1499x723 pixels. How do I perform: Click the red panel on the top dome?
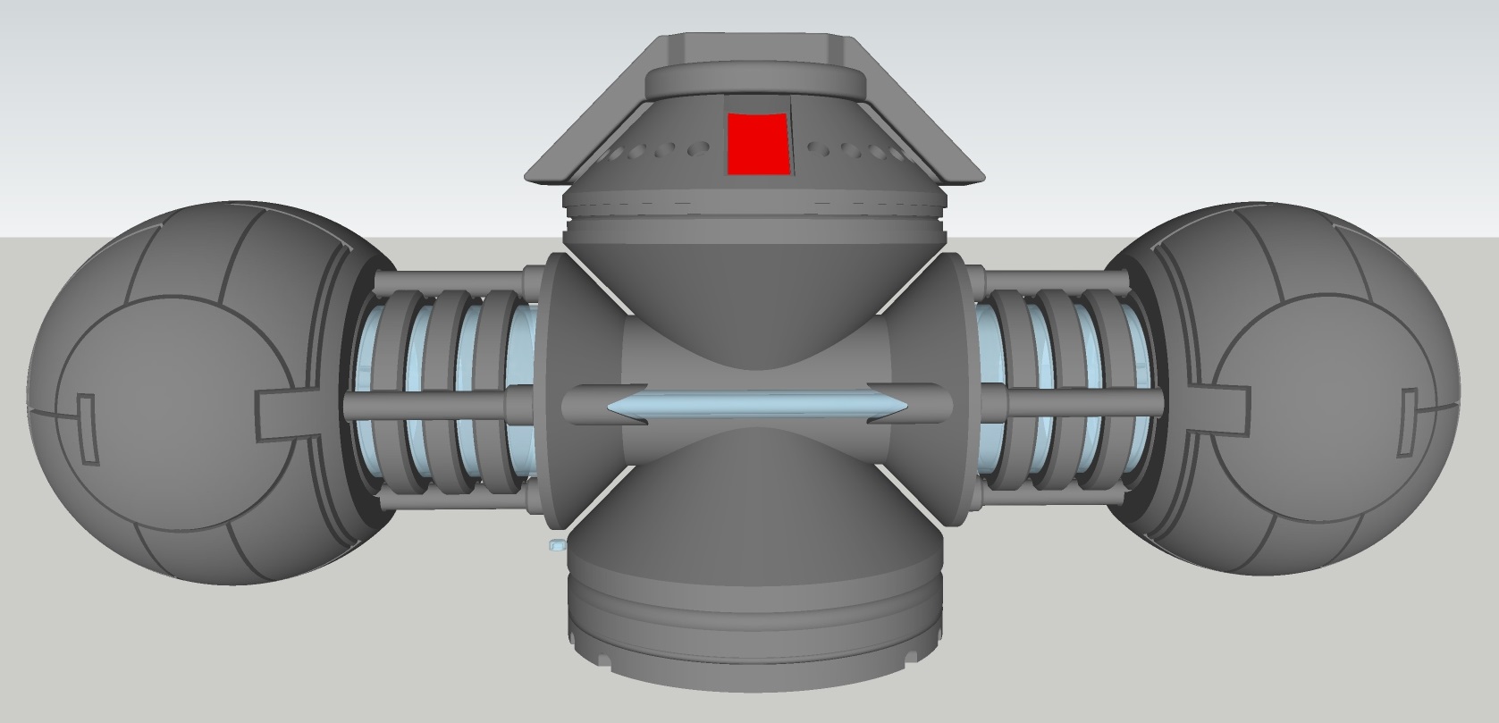(x=759, y=143)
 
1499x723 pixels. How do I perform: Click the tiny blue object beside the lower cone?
(x=554, y=543)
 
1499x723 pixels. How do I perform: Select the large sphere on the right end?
(x=1296, y=393)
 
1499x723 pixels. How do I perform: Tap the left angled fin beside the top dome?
(x=572, y=134)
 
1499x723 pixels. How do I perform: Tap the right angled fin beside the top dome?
(x=939, y=134)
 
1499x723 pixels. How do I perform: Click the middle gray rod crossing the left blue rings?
(x=429, y=405)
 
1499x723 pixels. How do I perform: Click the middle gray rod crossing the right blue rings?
(x=1073, y=402)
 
